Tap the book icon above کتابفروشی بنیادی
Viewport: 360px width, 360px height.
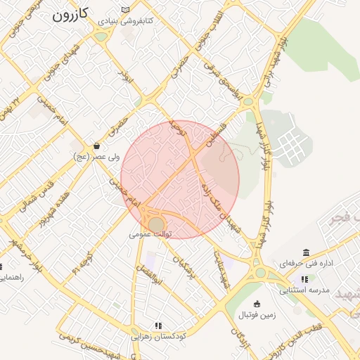coord(125,10)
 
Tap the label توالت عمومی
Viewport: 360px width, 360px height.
coord(150,234)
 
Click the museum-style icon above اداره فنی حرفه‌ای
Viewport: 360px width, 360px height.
coord(305,252)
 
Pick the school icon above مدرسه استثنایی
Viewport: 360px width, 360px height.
coord(304,279)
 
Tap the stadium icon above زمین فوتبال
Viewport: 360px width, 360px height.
coord(257,304)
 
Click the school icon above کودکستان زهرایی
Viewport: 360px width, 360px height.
coord(158,326)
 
